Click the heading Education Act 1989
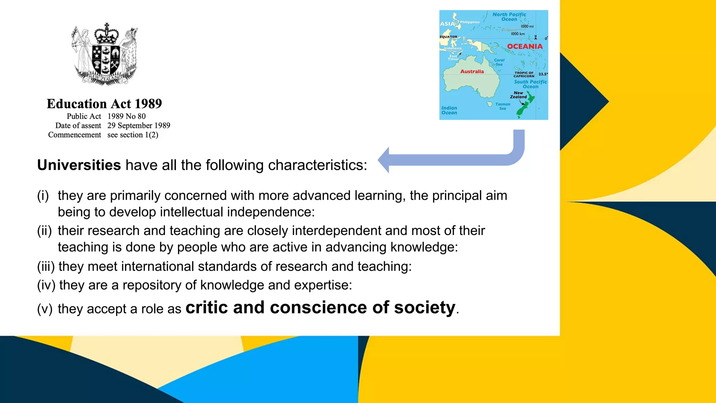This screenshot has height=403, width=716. (x=104, y=104)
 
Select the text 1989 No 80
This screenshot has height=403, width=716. (x=126, y=116)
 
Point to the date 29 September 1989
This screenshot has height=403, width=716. (x=138, y=126)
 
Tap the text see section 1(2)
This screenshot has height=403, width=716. (x=133, y=135)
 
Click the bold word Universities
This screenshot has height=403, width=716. (x=79, y=165)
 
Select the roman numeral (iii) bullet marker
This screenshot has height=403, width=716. (x=46, y=267)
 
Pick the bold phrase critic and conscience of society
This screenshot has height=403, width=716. (x=320, y=307)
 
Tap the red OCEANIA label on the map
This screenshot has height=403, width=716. (x=525, y=47)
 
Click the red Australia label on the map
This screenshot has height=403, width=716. (x=472, y=71)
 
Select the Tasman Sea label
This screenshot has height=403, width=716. (x=503, y=106)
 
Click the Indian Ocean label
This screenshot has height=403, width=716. (x=449, y=111)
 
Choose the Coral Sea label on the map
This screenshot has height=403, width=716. (x=499, y=62)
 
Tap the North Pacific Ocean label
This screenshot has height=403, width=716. (x=509, y=17)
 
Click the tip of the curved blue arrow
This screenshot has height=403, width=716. (x=379, y=160)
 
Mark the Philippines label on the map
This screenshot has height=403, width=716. (x=470, y=22)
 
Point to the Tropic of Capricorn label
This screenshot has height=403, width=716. (x=524, y=75)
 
